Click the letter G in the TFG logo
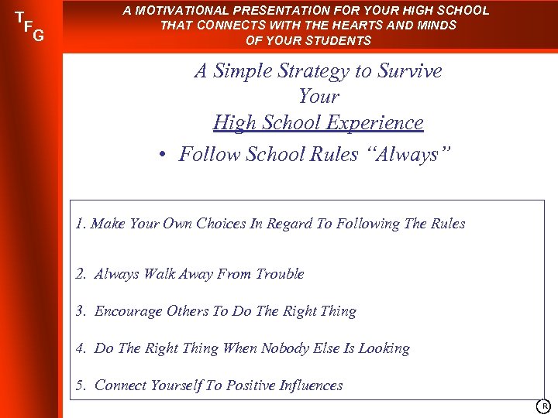[x=38, y=35]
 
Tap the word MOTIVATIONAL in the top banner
[x=179, y=11]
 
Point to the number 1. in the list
[x=81, y=224]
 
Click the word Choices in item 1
[x=221, y=224]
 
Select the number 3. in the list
[x=81, y=311]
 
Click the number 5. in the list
[x=81, y=385]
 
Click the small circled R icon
[x=545, y=406]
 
